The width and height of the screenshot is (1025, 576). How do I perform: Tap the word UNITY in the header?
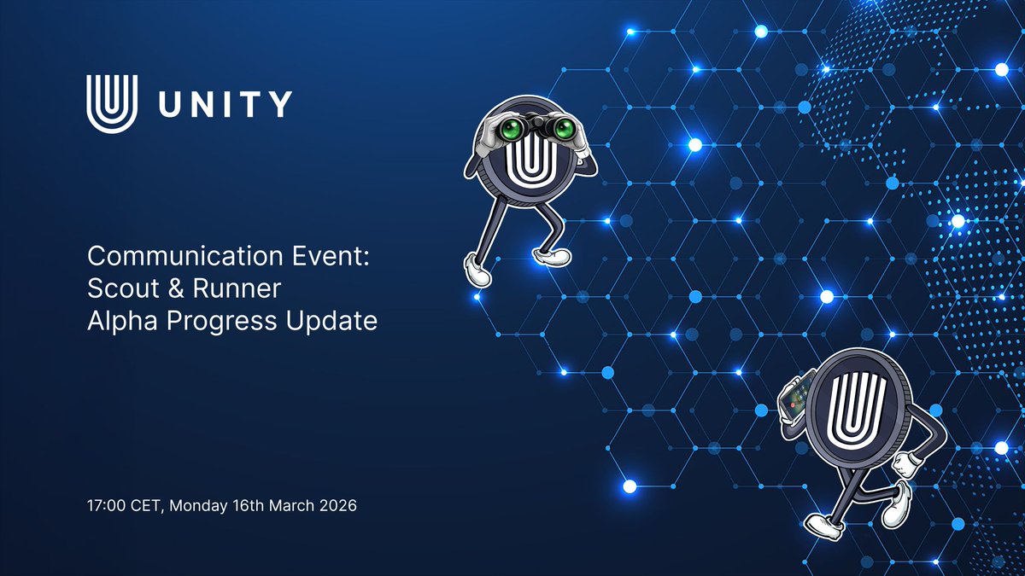coord(225,104)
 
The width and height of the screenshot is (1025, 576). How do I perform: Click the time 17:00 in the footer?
coord(105,505)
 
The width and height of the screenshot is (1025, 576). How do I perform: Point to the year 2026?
coord(337,505)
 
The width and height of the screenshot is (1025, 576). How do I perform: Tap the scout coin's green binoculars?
coord(537,129)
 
